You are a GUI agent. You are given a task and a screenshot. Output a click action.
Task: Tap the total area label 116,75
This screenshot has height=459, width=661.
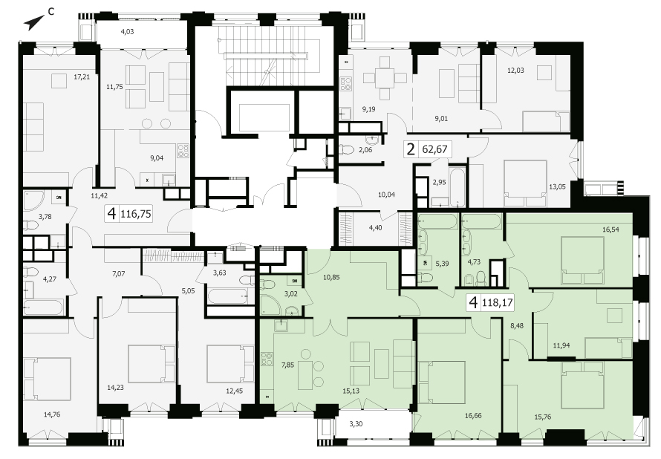pyautogui.click(x=136, y=214)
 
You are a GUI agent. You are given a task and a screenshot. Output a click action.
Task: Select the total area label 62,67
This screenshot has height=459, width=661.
pyautogui.click(x=434, y=149)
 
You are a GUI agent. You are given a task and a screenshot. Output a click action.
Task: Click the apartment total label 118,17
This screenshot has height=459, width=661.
pyautogui.click(x=497, y=302)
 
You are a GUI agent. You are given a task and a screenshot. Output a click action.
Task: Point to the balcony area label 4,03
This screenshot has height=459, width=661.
pyautogui.click(x=127, y=31)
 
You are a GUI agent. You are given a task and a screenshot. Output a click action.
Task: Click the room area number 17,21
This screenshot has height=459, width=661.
pyautogui.click(x=82, y=77)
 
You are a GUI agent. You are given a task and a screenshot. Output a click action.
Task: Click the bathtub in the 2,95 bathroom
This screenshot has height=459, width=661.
pyautogui.click(x=457, y=187)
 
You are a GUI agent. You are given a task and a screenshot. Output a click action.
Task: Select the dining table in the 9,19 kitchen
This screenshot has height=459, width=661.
pyautogui.click(x=385, y=78)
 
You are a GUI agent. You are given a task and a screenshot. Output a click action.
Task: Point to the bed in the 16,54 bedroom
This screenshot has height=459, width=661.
pyautogui.click(x=582, y=260)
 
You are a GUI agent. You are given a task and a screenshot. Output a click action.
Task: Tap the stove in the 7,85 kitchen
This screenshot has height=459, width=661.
pyautogui.click(x=267, y=358)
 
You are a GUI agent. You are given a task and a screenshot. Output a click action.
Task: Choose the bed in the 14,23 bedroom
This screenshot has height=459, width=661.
pyautogui.click(x=152, y=364)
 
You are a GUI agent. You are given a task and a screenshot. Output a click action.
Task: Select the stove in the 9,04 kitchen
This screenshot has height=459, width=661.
pyautogui.click(x=183, y=151)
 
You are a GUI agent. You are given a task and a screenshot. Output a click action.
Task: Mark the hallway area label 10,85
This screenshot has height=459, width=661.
pyautogui.click(x=331, y=277)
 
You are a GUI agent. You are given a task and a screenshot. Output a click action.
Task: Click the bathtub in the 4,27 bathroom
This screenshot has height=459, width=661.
pyautogui.click(x=43, y=307)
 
